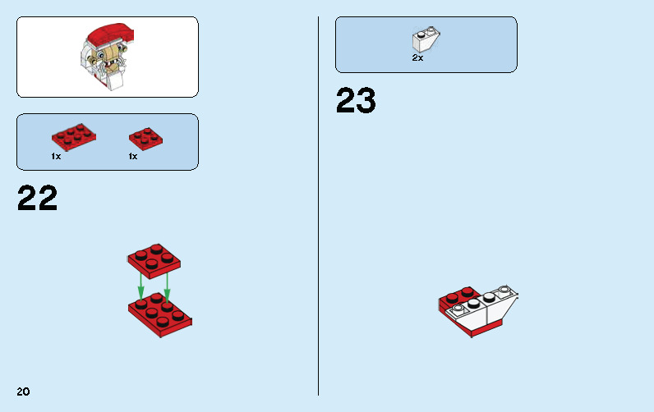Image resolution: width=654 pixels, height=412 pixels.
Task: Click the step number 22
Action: [38, 199]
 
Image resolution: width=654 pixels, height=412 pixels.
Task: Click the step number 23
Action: [356, 101]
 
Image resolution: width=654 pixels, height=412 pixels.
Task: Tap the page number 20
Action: [23, 391]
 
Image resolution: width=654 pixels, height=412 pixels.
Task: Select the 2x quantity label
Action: [417, 58]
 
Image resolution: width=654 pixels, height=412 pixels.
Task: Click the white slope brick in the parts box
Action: [426, 40]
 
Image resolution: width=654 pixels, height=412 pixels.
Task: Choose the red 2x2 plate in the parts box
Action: [145, 137]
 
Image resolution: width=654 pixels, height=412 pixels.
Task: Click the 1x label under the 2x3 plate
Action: [56, 156]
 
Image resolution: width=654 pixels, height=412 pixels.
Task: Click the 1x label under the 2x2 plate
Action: [132, 156]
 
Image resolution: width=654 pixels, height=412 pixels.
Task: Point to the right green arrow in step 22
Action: [167, 283]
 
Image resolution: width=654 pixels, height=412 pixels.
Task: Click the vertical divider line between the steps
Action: [318, 205]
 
